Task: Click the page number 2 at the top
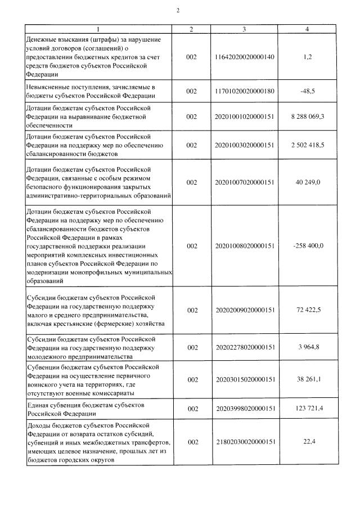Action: click(x=178, y=10)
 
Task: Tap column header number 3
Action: click(x=244, y=29)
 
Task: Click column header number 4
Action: click(x=307, y=29)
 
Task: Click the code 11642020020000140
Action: click(x=244, y=57)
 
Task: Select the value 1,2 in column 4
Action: click(x=307, y=57)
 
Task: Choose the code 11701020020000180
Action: click(x=244, y=91)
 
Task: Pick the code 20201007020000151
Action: click(x=244, y=182)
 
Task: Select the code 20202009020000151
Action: click(x=244, y=310)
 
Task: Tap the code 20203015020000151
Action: click(x=244, y=380)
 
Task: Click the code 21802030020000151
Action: click(x=244, y=442)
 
